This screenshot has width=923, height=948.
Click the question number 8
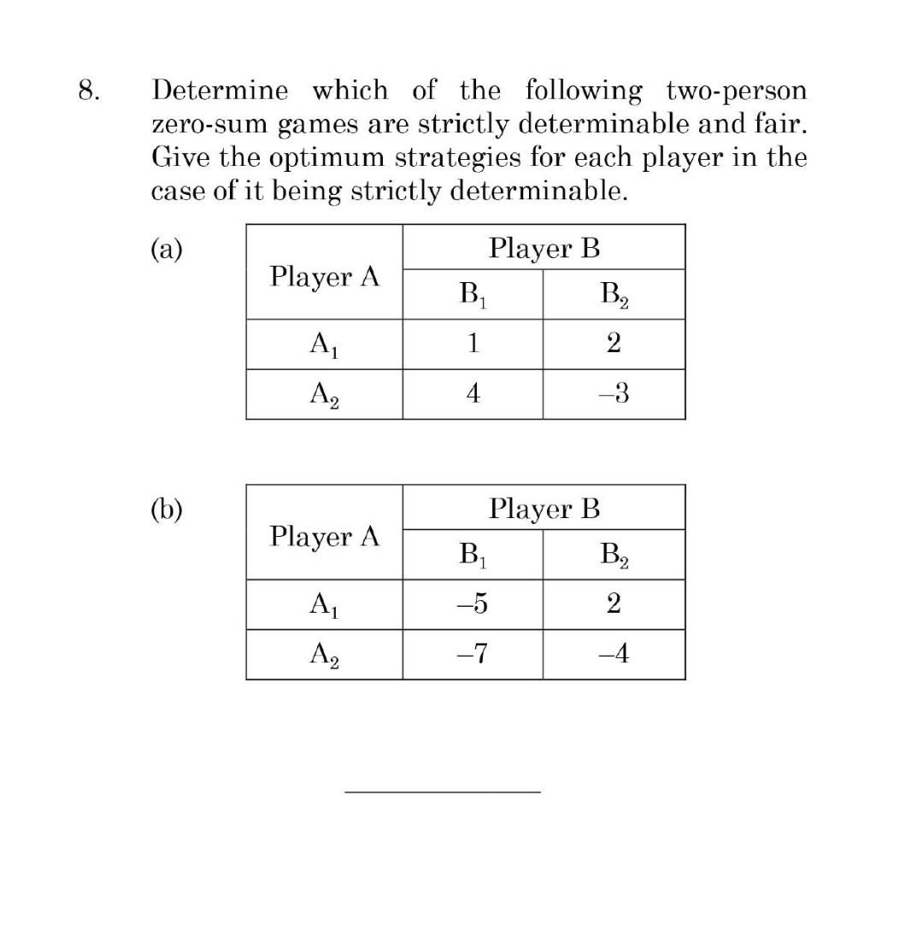click(x=84, y=91)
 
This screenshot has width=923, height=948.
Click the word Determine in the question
click(x=221, y=91)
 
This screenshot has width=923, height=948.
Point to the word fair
click(x=782, y=125)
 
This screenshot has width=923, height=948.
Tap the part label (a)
click(x=167, y=249)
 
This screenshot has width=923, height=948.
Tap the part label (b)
click(x=167, y=509)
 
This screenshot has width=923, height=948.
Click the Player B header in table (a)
click(x=544, y=249)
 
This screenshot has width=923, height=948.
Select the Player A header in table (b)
click(x=324, y=537)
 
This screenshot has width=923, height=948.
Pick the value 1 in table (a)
click(x=473, y=344)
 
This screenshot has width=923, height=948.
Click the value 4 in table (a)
click(x=473, y=394)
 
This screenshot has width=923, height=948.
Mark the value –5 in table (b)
click(x=473, y=604)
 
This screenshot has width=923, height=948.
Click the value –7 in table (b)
click(x=473, y=655)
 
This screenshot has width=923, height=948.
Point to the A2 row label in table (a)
click(x=324, y=396)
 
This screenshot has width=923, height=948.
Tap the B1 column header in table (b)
click(x=473, y=556)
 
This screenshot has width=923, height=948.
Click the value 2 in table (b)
click(x=614, y=604)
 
